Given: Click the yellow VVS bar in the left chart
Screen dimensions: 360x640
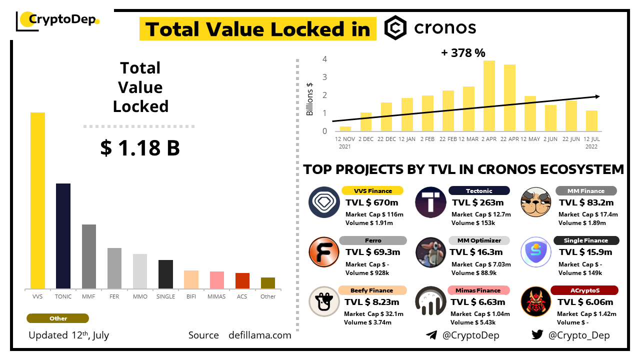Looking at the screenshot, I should pos(37,200).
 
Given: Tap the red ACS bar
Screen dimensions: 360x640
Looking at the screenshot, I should pos(242,280).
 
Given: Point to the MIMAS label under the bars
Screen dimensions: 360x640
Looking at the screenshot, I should pos(216,296).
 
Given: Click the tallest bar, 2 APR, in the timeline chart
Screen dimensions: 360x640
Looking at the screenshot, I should pos(489,95).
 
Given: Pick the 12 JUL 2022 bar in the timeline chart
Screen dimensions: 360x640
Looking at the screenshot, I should pos(591,120).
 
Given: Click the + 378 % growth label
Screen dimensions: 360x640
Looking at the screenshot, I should pos(463,53).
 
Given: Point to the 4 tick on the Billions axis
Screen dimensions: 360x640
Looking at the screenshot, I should pos(324,59).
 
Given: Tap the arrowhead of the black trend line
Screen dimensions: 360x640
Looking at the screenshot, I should pos(597,96).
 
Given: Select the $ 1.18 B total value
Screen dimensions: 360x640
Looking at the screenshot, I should pos(140,148).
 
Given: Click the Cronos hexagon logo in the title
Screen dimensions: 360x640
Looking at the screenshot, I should pos(395,27).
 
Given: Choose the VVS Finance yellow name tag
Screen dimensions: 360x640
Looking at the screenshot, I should pos(373,190).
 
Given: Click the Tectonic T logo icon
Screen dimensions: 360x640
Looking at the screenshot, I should pos(430,202).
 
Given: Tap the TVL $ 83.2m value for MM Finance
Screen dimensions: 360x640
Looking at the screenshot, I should pos(586,202).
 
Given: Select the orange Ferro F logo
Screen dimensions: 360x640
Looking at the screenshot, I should pos(324,251).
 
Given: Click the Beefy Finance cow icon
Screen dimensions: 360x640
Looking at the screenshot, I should pos(324,301).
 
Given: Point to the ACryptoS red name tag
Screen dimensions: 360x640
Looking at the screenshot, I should pos(584,290).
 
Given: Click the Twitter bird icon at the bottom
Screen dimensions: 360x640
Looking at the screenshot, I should pos(537,335).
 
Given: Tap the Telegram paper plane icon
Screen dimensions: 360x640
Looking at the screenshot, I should pos(431,335).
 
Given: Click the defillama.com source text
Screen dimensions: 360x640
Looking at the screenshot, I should pos(259,335).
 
